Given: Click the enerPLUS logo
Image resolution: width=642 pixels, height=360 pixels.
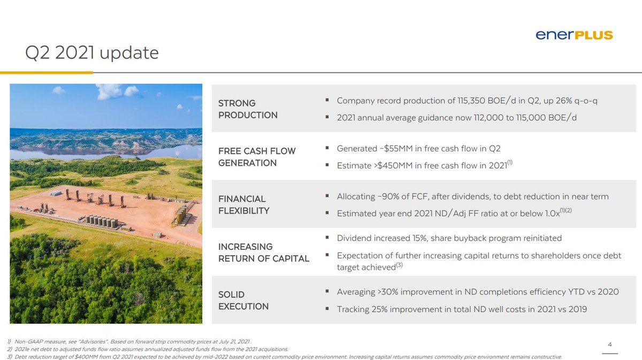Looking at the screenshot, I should coord(574,35).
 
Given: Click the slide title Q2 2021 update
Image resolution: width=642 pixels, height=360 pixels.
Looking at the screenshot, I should coord(92,53).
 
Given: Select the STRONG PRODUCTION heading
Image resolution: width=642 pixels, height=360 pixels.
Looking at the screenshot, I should coord(248,109).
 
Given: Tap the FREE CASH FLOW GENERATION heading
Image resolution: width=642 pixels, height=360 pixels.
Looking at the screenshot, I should coord(257,157).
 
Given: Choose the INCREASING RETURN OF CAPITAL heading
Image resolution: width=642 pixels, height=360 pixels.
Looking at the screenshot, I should coord(264,252).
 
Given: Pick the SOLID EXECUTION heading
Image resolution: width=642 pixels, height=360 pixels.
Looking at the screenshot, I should coord(243,300).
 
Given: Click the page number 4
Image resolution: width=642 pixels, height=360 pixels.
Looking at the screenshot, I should coord(610,344).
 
